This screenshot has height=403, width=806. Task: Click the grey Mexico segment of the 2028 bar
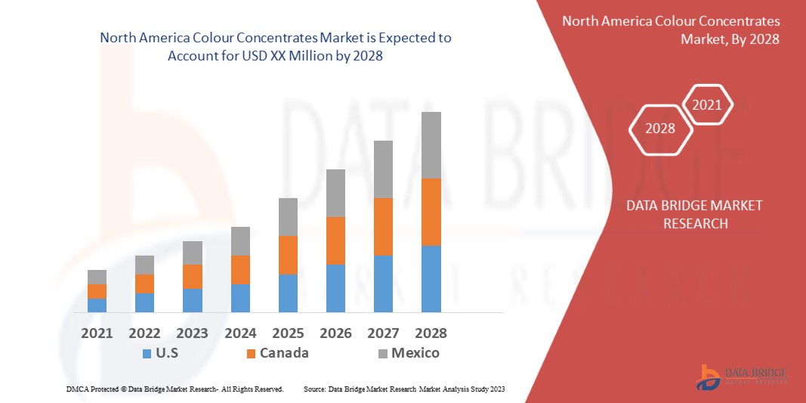[x=431, y=145]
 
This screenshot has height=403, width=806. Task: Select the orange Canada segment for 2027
[x=384, y=227]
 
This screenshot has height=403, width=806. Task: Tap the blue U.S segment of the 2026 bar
[x=335, y=288]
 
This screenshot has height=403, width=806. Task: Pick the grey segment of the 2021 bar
[x=97, y=277]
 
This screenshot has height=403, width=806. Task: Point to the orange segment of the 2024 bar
[x=240, y=270]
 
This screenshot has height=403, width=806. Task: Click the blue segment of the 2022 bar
[x=144, y=302]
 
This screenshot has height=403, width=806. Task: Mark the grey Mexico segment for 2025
[x=288, y=217]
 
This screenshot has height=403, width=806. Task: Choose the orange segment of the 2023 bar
[x=193, y=277]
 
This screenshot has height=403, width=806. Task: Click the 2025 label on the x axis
[x=288, y=333]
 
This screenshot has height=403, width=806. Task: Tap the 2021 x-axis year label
[x=97, y=333]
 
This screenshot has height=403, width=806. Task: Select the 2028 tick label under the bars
[x=431, y=333]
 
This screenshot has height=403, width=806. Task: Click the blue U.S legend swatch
[x=147, y=353]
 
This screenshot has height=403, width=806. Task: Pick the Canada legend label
[x=284, y=352]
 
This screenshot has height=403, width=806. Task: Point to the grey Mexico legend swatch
[x=382, y=353]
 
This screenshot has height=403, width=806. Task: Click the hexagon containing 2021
[x=707, y=105]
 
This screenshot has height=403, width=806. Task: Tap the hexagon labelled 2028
[x=660, y=129]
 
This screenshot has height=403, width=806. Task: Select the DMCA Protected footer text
[x=174, y=389]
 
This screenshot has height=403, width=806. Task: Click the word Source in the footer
[x=313, y=389]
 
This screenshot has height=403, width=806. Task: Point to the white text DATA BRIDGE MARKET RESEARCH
[x=695, y=214]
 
